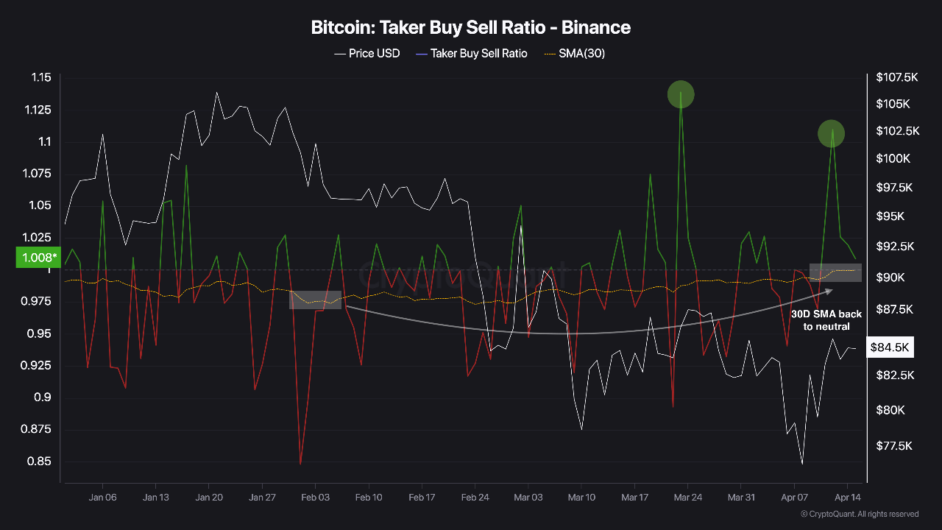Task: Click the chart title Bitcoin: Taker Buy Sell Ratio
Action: click(471, 28)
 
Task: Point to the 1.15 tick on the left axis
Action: click(41, 78)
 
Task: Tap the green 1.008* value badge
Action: click(37, 258)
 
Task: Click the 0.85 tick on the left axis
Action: click(41, 462)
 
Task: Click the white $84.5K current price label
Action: click(891, 347)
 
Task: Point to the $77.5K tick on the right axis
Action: click(895, 446)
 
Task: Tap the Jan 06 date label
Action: click(102, 498)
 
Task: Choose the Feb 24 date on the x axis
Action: click(475, 498)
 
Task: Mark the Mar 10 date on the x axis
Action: click(581, 498)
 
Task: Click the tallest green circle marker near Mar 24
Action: click(681, 94)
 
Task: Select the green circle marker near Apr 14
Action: click(832, 133)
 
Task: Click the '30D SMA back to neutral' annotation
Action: click(826, 320)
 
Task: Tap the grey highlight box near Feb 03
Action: click(315, 300)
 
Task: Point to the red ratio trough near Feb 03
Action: click(300, 462)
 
